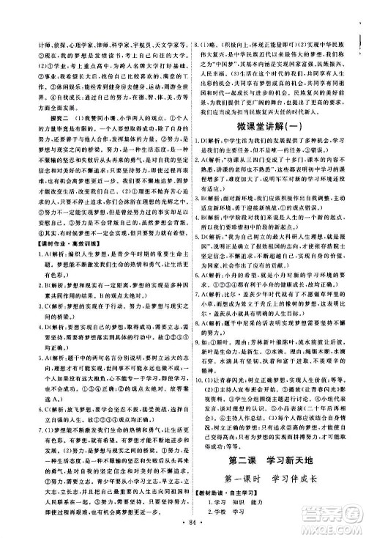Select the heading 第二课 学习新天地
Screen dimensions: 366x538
269,440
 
